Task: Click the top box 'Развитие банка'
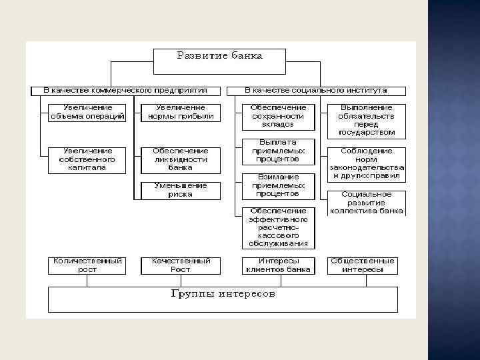click(x=219, y=61)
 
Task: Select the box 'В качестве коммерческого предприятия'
click(x=125, y=90)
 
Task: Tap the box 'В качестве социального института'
click(x=316, y=90)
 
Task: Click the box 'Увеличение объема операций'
click(x=87, y=111)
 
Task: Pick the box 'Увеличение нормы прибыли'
click(x=180, y=111)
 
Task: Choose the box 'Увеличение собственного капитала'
click(x=87, y=160)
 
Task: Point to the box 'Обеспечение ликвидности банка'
click(x=180, y=160)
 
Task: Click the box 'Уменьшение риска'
click(x=180, y=190)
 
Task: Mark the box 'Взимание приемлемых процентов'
click(x=278, y=185)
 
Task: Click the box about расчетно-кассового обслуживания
click(x=278, y=227)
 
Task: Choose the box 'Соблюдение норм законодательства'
click(x=366, y=164)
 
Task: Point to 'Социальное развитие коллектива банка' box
click(x=366, y=203)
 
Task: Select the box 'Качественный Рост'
click(x=180, y=265)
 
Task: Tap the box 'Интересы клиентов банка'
click(x=278, y=265)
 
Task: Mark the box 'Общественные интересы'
click(x=362, y=265)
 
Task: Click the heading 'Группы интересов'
click(x=223, y=294)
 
